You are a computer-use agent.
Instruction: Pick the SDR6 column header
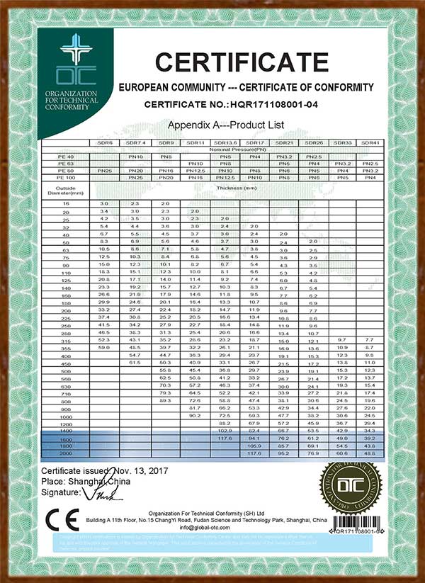click(x=105, y=143)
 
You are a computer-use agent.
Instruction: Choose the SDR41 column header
click(x=370, y=143)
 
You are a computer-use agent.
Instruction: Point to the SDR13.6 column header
click(x=226, y=143)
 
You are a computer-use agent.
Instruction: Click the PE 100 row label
click(x=67, y=177)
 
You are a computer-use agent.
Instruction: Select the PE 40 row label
click(x=67, y=156)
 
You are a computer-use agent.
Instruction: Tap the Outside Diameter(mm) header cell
click(x=67, y=190)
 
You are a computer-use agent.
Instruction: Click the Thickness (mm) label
click(x=239, y=188)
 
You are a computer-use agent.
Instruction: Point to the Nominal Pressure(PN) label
click(x=239, y=149)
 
